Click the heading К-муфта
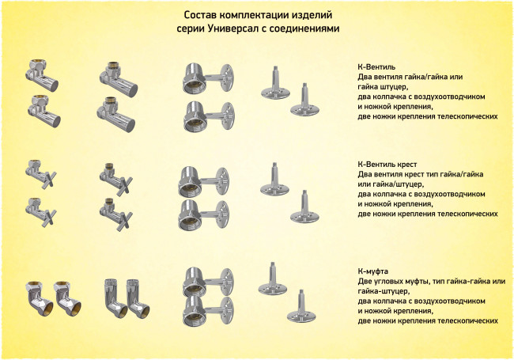coord(373,271)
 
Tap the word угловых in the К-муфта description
coord(387,282)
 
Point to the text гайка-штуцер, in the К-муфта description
coord(384,291)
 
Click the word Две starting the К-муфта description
coord(365,282)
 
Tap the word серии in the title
coord(191,28)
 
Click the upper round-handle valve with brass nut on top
coord(41,75)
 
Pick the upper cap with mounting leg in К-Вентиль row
coord(209,78)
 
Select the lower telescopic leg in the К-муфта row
coord(301,306)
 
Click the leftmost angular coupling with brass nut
coord(39,298)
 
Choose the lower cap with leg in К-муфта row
coord(208,312)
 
